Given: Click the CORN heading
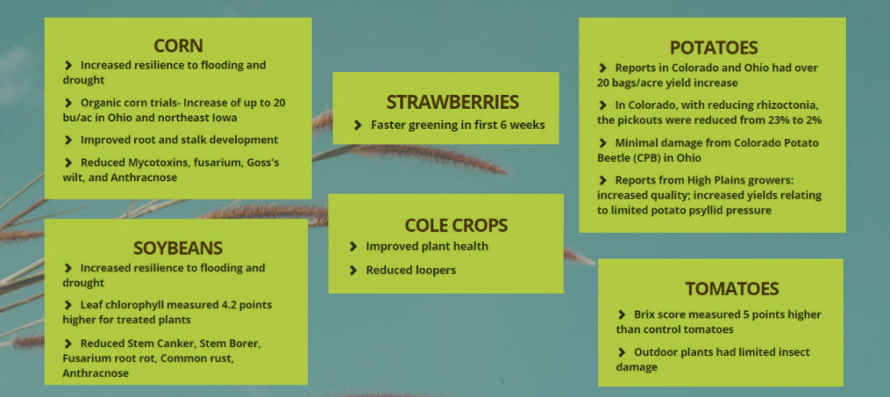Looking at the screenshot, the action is click(x=178, y=46).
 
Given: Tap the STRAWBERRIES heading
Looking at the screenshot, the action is click(x=452, y=103).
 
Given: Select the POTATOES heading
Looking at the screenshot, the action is click(x=714, y=47).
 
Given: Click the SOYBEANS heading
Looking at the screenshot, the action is click(x=178, y=248).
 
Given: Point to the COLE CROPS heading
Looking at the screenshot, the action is click(x=456, y=225).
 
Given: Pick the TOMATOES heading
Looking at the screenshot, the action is click(x=731, y=289).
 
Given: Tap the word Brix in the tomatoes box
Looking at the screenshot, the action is click(x=644, y=314).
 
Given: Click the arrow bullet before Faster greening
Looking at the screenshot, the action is click(x=358, y=125).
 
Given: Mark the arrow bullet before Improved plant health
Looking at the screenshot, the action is click(x=353, y=246).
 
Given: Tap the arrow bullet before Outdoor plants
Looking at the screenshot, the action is click(x=621, y=352).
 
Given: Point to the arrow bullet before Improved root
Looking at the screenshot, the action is click(x=68, y=140).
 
